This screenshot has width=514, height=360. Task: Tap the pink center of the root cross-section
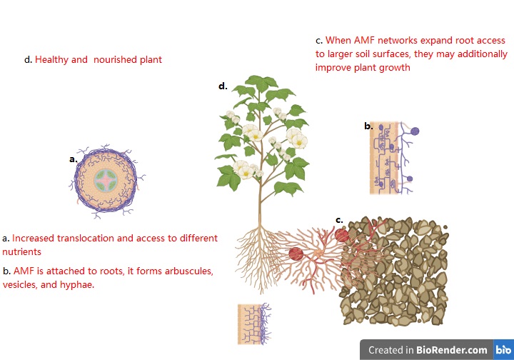coord(106,182)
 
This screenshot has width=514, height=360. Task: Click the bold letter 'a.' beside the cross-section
coord(73,159)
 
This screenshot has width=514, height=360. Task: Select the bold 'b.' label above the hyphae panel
coord(368,126)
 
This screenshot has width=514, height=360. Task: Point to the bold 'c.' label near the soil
coord(340,219)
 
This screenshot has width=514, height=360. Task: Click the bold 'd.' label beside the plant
coord(223,86)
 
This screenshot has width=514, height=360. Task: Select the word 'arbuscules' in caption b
coord(188,271)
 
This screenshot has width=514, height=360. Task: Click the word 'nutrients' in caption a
coord(22,251)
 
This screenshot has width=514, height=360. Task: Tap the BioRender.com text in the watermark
coord(452,350)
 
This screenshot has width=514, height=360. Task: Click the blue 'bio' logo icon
coord(502,350)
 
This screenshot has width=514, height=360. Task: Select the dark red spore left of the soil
coord(296,253)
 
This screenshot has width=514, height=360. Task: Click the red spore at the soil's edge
coord(342,234)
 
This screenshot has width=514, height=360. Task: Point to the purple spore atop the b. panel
coord(414,131)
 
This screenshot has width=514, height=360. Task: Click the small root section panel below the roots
coord(254,324)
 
